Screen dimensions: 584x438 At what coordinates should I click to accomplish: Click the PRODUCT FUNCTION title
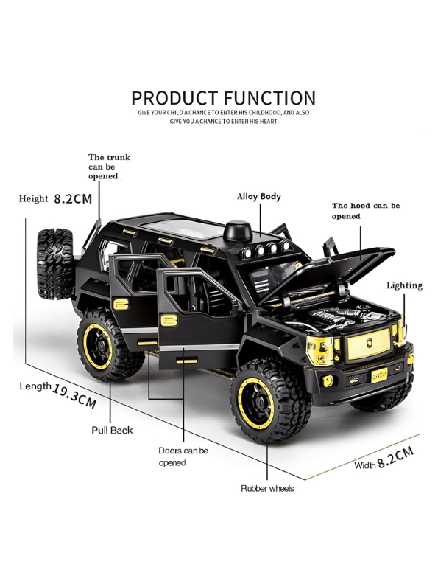(223, 97)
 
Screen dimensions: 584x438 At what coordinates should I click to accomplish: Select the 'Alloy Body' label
(258, 197)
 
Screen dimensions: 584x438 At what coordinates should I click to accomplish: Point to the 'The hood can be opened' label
(365, 211)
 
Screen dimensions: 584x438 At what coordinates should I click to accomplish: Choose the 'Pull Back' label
(112, 429)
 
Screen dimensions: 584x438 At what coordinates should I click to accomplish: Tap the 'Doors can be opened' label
(183, 456)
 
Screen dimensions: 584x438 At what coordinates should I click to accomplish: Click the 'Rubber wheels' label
(266, 489)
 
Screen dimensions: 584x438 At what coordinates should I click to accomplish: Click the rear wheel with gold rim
(107, 344)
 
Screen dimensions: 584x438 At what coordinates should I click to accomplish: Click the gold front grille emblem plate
(365, 345)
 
